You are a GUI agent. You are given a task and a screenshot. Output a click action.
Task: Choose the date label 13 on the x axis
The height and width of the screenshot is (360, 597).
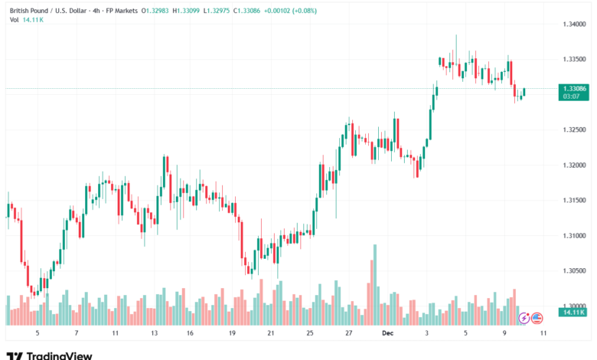155,334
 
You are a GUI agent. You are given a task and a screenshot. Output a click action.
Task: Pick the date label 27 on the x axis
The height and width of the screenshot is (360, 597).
348,334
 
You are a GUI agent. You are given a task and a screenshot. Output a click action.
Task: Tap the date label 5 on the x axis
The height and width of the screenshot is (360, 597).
37,334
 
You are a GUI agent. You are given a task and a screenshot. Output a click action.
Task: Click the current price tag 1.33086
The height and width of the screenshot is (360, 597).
574,89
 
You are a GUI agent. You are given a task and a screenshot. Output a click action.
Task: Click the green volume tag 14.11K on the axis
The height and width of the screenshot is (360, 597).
573,312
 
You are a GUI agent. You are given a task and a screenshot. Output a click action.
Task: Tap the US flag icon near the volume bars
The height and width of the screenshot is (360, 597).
537,317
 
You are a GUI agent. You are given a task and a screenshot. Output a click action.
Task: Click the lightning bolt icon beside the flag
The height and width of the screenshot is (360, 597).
524,317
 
